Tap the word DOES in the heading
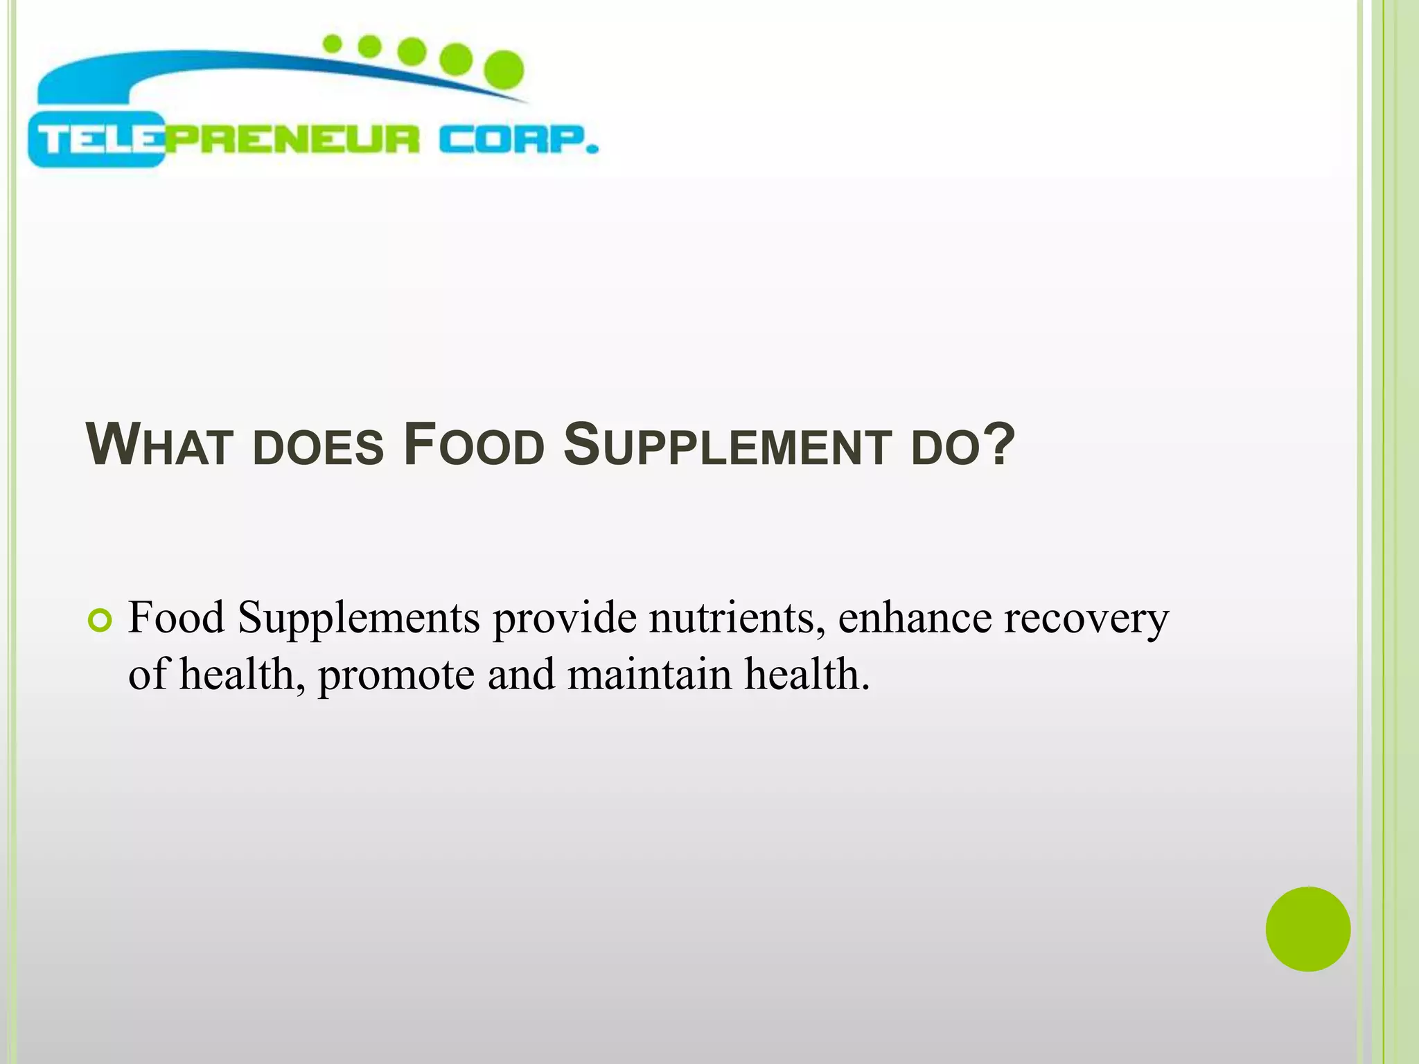[x=318, y=447]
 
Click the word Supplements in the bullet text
[x=358, y=618]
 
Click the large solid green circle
[x=1307, y=929]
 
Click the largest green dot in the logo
[x=503, y=70]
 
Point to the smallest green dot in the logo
[x=333, y=44]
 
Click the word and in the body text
[x=521, y=674]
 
